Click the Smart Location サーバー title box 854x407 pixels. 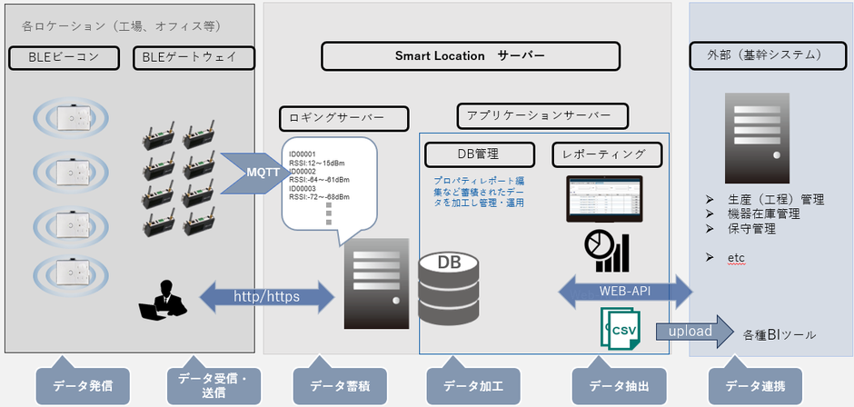pos(469,56)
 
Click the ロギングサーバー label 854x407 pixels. pos(343,117)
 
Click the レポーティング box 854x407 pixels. pos(607,154)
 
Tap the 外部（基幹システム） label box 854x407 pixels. pos(769,55)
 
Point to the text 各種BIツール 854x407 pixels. pos(779,335)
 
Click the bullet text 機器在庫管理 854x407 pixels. pos(763,213)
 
